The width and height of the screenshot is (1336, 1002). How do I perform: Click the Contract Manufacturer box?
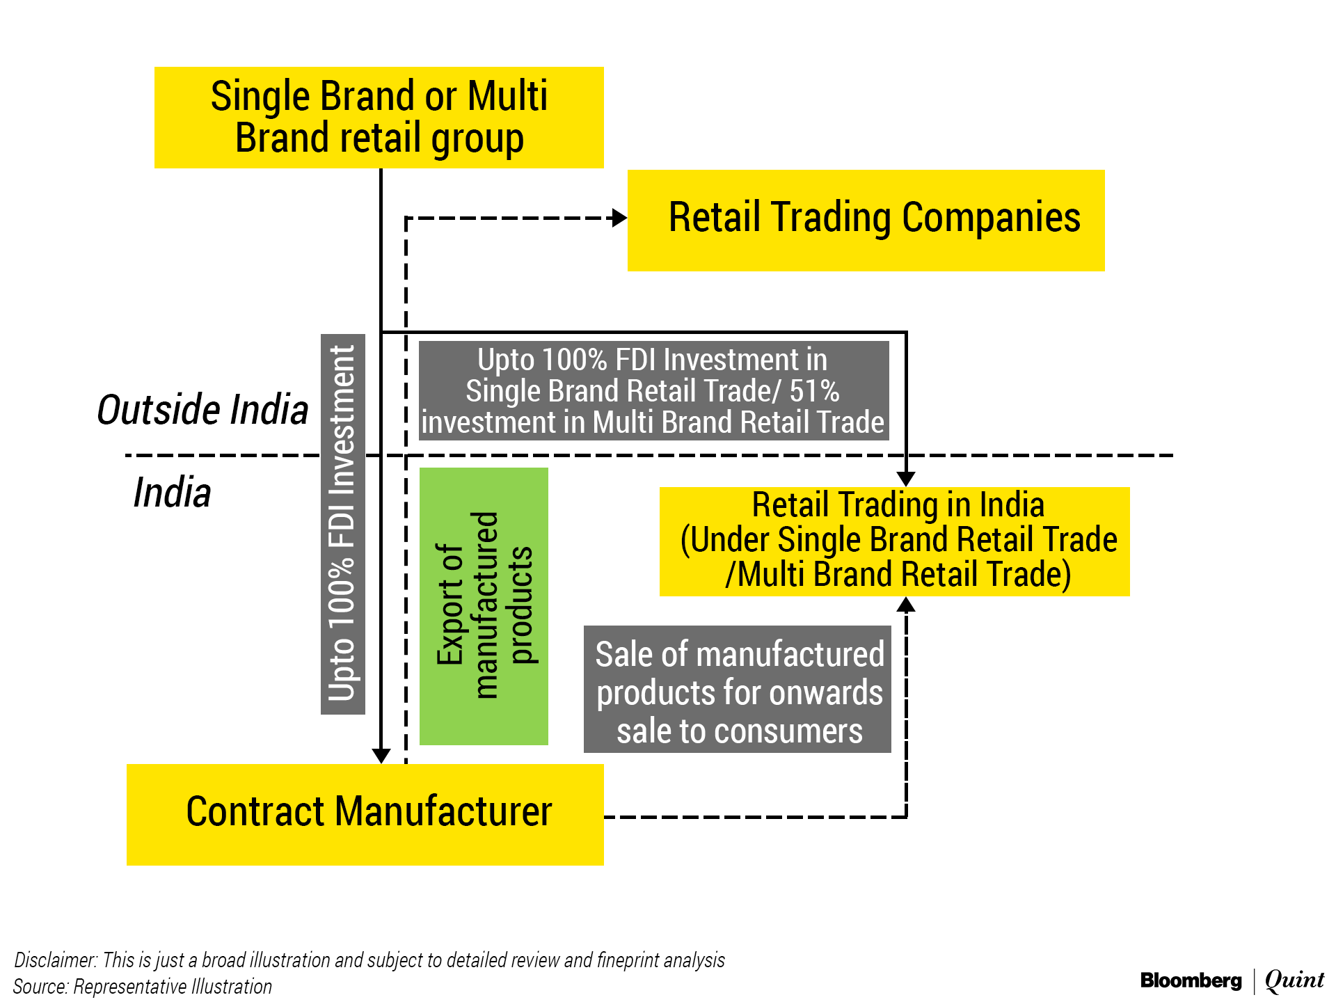[365, 814]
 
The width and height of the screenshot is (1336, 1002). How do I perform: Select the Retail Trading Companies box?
[866, 220]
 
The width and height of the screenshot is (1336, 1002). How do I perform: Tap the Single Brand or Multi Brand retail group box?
[379, 117]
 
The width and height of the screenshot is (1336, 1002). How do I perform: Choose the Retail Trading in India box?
[894, 541]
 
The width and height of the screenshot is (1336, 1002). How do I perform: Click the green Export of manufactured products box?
[484, 606]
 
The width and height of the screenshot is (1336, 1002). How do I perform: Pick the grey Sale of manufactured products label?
[737, 689]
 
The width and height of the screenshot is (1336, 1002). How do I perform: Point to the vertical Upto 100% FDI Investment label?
[342, 523]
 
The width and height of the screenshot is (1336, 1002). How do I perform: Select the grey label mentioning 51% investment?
[653, 390]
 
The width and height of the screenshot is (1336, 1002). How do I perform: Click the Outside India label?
[202, 409]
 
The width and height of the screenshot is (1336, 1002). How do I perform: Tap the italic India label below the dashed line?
[172, 493]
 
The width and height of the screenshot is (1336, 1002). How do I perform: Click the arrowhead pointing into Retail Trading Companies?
[619, 218]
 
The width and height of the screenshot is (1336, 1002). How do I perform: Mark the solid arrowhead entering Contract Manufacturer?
[381, 756]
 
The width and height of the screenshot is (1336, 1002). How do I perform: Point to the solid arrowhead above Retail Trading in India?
[905, 479]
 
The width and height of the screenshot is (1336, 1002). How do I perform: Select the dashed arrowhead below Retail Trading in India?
[905, 604]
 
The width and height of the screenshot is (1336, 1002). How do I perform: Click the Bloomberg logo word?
[1191, 981]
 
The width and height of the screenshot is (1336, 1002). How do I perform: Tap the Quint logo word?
[1294, 980]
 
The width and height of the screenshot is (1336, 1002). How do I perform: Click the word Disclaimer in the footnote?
[55, 960]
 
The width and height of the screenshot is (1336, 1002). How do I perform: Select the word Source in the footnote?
[40, 987]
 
